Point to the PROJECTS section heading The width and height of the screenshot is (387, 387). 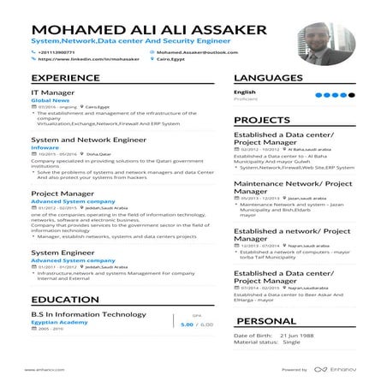point(262,120)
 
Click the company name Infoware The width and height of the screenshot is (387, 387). point(45,146)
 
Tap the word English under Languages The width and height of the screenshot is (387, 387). point(245,92)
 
